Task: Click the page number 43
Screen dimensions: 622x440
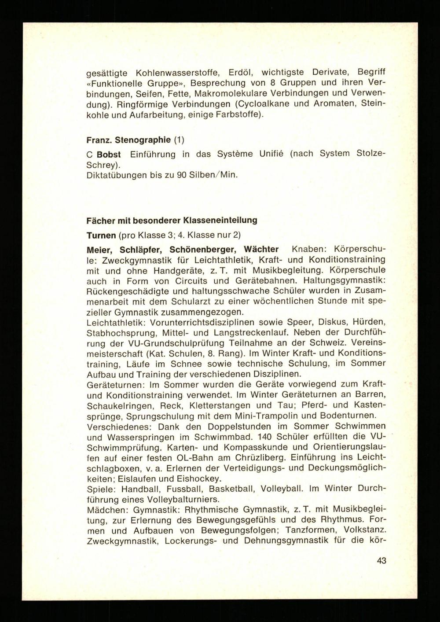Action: pos(381,561)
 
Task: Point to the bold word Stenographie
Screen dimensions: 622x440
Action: pos(143,140)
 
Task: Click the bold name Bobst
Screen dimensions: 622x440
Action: pos(109,155)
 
